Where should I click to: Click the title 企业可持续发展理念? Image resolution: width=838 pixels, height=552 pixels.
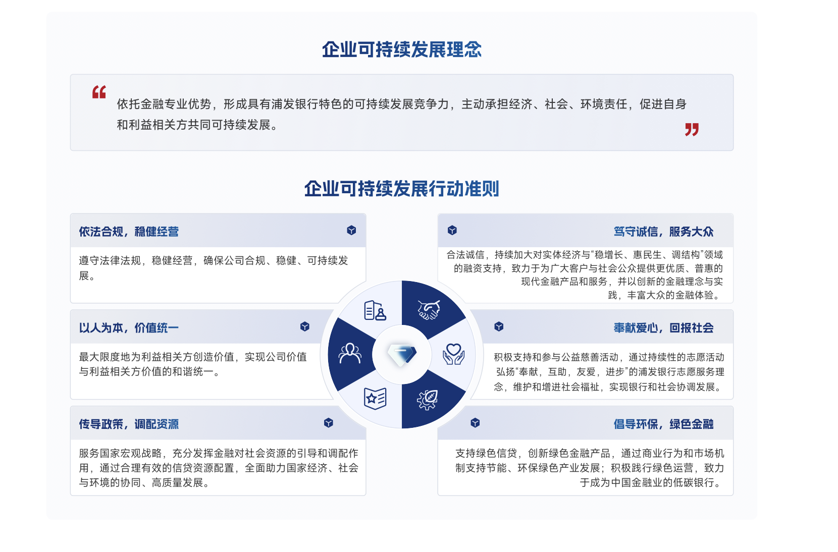tap(402, 49)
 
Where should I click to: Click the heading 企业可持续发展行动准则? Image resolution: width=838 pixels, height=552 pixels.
tap(402, 189)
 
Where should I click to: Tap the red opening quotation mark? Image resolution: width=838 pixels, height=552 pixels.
tap(99, 92)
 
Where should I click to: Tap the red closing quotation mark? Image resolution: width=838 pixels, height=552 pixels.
tap(692, 130)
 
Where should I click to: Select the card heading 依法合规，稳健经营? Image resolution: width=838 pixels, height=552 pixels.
tap(129, 232)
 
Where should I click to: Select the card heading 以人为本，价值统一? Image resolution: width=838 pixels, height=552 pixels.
tap(129, 328)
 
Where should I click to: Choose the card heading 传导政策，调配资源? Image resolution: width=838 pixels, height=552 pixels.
tap(129, 424)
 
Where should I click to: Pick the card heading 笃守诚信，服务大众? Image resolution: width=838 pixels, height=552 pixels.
tap(663, 232)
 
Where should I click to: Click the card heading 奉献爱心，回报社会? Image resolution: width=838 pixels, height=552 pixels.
tap(663, 328)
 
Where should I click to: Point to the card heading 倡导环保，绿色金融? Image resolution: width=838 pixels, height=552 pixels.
tap(663, 424)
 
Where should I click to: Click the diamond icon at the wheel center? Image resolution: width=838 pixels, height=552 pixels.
tap(402, 355)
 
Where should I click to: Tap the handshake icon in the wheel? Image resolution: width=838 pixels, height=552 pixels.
tap(429, 310)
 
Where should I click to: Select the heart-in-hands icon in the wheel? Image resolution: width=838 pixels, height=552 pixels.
tap(453, 354)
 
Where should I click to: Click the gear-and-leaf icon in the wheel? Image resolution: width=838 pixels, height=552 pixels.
tap(428, 400)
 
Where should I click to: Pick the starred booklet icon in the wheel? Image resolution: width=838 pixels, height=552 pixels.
tap(375, 399)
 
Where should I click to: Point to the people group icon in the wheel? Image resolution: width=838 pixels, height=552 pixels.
tap(350, 353)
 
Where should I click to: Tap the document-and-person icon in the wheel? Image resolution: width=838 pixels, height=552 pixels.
tap(375, 310)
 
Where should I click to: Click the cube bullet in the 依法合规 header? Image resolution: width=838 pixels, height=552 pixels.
tap(351, 230)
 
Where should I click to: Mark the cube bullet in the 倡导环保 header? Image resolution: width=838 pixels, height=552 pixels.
tap(475, 423)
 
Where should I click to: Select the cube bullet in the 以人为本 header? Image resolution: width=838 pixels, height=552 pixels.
tap(304, 326)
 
